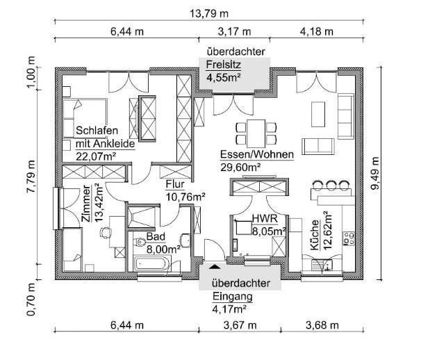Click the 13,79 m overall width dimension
click(x=209, y=13)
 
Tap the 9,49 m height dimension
click(x=375, y=173)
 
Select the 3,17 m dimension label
click(x=234, y=32)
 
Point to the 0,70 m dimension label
click(x=31, y=299)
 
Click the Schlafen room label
click(x=97, y=131)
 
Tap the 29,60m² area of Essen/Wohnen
click(x=240, y=167)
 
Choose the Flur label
click(x=175, y=184)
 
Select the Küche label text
click(x=315, y=235)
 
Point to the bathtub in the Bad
click(x=153, y=264)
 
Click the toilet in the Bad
click(x=140, y=242)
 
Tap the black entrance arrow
click(x=215, y=266)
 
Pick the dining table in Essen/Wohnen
click(x=256, y=133)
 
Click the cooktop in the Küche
click(x=349, y=238)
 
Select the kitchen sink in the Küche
click(x=322, y=265)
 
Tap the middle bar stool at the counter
click(x=331, y=185)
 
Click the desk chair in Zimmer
click(x=106, y=233)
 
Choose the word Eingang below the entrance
click(x=233, y=297)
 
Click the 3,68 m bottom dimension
click(x=322, y=326)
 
